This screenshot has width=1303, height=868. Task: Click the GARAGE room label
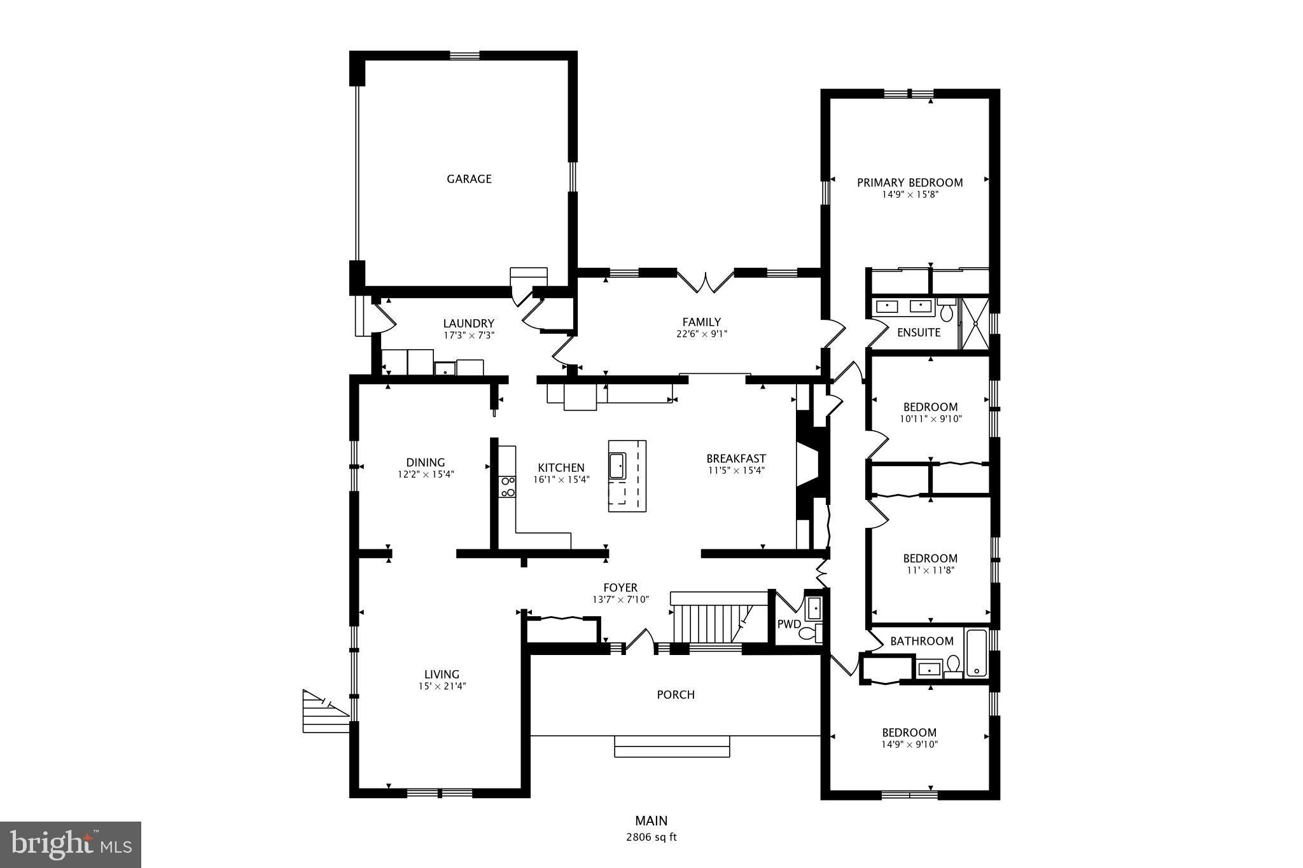pos(469,179)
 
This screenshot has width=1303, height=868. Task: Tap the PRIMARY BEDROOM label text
pos(909,183)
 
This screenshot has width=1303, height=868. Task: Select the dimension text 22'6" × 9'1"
pos(701,333)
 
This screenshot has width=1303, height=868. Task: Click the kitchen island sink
pos(617,466)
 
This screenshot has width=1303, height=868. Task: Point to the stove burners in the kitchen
pos(508,486)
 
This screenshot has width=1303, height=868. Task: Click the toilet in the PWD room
pos(809,633)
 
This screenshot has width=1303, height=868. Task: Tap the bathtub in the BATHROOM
pos(976,653)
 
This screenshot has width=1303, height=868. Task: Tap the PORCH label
pos(675,695)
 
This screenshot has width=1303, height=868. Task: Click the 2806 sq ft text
pos(651,837)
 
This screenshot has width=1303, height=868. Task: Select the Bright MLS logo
pos(71,844)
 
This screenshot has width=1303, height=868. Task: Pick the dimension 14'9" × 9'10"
pos(909,745)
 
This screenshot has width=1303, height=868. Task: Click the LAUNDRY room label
pos(468,324)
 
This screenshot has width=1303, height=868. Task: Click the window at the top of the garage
pos(464,55)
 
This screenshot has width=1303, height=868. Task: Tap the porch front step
pos(672,747)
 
